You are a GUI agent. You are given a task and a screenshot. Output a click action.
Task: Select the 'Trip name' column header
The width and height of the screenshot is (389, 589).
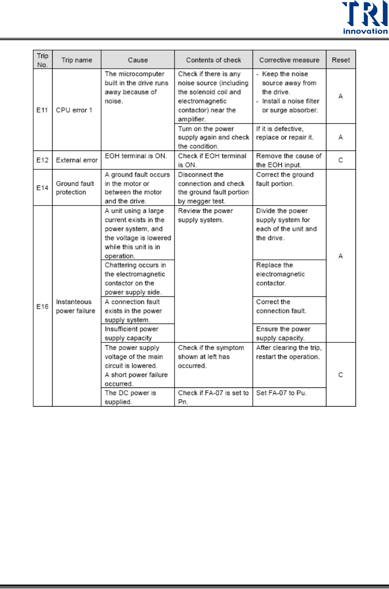(77, 60)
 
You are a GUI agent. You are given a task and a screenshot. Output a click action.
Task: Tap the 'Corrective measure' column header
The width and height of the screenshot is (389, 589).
(289, 60)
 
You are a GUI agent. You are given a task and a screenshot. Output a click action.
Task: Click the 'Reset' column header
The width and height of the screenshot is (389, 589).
(340, 60)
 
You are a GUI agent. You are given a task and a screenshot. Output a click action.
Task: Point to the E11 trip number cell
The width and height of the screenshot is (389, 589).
(42, 110)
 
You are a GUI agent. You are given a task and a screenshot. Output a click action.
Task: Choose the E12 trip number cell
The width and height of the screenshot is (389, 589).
(42, 160)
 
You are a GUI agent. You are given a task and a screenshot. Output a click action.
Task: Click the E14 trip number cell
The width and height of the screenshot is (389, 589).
(42, 188)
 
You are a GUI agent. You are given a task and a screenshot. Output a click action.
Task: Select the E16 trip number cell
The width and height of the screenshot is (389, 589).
(42, 306)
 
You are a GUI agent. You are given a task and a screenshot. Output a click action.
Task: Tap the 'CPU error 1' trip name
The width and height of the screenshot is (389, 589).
(74, 110)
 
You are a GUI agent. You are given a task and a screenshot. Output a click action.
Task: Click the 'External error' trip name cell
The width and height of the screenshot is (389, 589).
(77, 160)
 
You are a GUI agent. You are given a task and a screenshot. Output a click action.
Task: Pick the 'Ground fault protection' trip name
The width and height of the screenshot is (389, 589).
(75, 188)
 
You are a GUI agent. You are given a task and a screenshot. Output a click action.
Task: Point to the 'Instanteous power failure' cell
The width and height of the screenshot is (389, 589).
(75, 306)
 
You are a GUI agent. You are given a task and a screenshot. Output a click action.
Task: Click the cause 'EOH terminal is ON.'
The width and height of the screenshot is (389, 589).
(136, 156)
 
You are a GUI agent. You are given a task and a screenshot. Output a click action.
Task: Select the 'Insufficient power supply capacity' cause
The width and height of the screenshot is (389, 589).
(132, 333)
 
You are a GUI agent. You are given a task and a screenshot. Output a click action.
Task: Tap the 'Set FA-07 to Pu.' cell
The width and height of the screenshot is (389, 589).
(281, 393)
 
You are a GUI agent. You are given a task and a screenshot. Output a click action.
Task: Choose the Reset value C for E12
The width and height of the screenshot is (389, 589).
(340, 160)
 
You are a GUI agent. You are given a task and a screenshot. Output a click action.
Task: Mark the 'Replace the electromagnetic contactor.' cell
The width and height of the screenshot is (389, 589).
(280, 274)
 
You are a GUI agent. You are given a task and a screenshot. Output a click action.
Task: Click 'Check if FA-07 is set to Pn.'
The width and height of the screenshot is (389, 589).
(213, 397)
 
